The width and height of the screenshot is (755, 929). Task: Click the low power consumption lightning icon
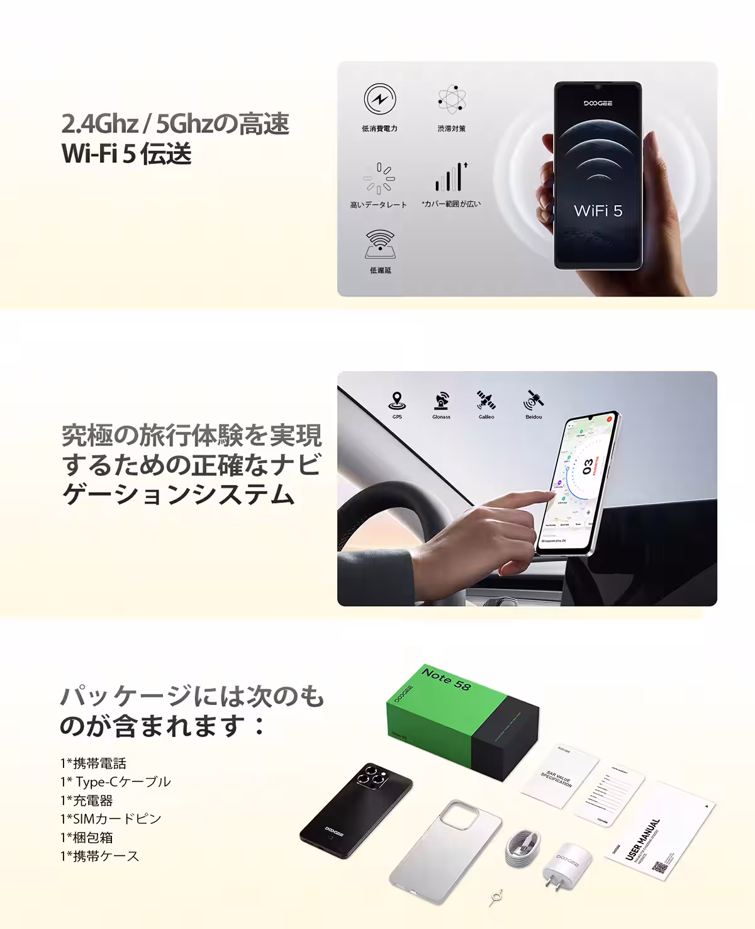[x=380, y=99]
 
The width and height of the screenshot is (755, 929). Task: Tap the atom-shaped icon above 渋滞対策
[x=451, y=99]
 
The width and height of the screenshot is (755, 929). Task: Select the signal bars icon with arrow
[x=451, y=177]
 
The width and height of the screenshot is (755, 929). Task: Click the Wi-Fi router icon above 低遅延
[x=380, y=244]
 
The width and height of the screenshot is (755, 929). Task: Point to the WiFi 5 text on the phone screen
[x=598, y=211]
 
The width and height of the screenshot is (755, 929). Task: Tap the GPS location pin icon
[x=397, y=400]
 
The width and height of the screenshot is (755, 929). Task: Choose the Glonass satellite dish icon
[x=441, y=400]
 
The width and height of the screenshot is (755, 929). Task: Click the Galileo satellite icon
[x=486, y=400]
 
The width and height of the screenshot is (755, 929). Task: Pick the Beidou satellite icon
[x=534, y=400]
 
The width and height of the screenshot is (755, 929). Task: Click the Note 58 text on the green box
[x=446, y=679]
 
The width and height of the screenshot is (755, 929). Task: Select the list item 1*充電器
[x=87, y=801]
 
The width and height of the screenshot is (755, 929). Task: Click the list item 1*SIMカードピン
[x=111, y=819]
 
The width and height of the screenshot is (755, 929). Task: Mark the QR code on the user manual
[x=659, y=868]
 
